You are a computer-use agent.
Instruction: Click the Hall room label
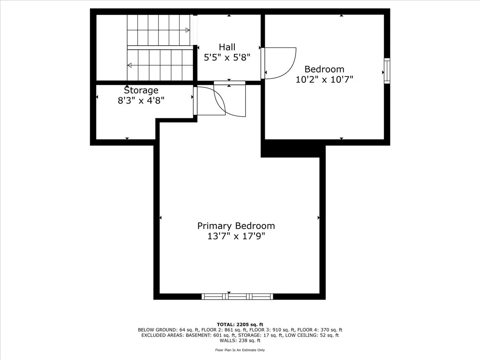click(x=227, y=47)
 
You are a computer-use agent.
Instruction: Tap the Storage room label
click(x=141, y=90)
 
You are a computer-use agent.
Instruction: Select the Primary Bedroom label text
click(x=236, y=226)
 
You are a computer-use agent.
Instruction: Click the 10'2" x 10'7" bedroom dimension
click(x=324, y=79)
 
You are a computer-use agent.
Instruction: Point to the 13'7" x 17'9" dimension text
click(x=236, y=236)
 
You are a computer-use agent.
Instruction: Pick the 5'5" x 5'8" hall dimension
click(x=227, y=58)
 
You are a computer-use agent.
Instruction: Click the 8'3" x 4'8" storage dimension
click(x=141, y=100)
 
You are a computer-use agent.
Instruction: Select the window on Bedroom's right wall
click(x=387, y=71)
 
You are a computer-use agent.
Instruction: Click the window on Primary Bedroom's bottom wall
click(x=237, y=296)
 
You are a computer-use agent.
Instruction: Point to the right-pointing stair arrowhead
click(x=187, y=30)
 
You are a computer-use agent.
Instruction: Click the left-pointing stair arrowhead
click(x=130, y=65)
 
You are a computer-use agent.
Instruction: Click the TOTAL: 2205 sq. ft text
click(x=240, y=324)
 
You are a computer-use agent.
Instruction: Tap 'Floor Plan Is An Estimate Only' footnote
click(x=240, y=350)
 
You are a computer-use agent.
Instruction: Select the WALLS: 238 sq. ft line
click(x=240, y=341)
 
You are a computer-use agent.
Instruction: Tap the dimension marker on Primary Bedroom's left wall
click(x=160, y=218)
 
